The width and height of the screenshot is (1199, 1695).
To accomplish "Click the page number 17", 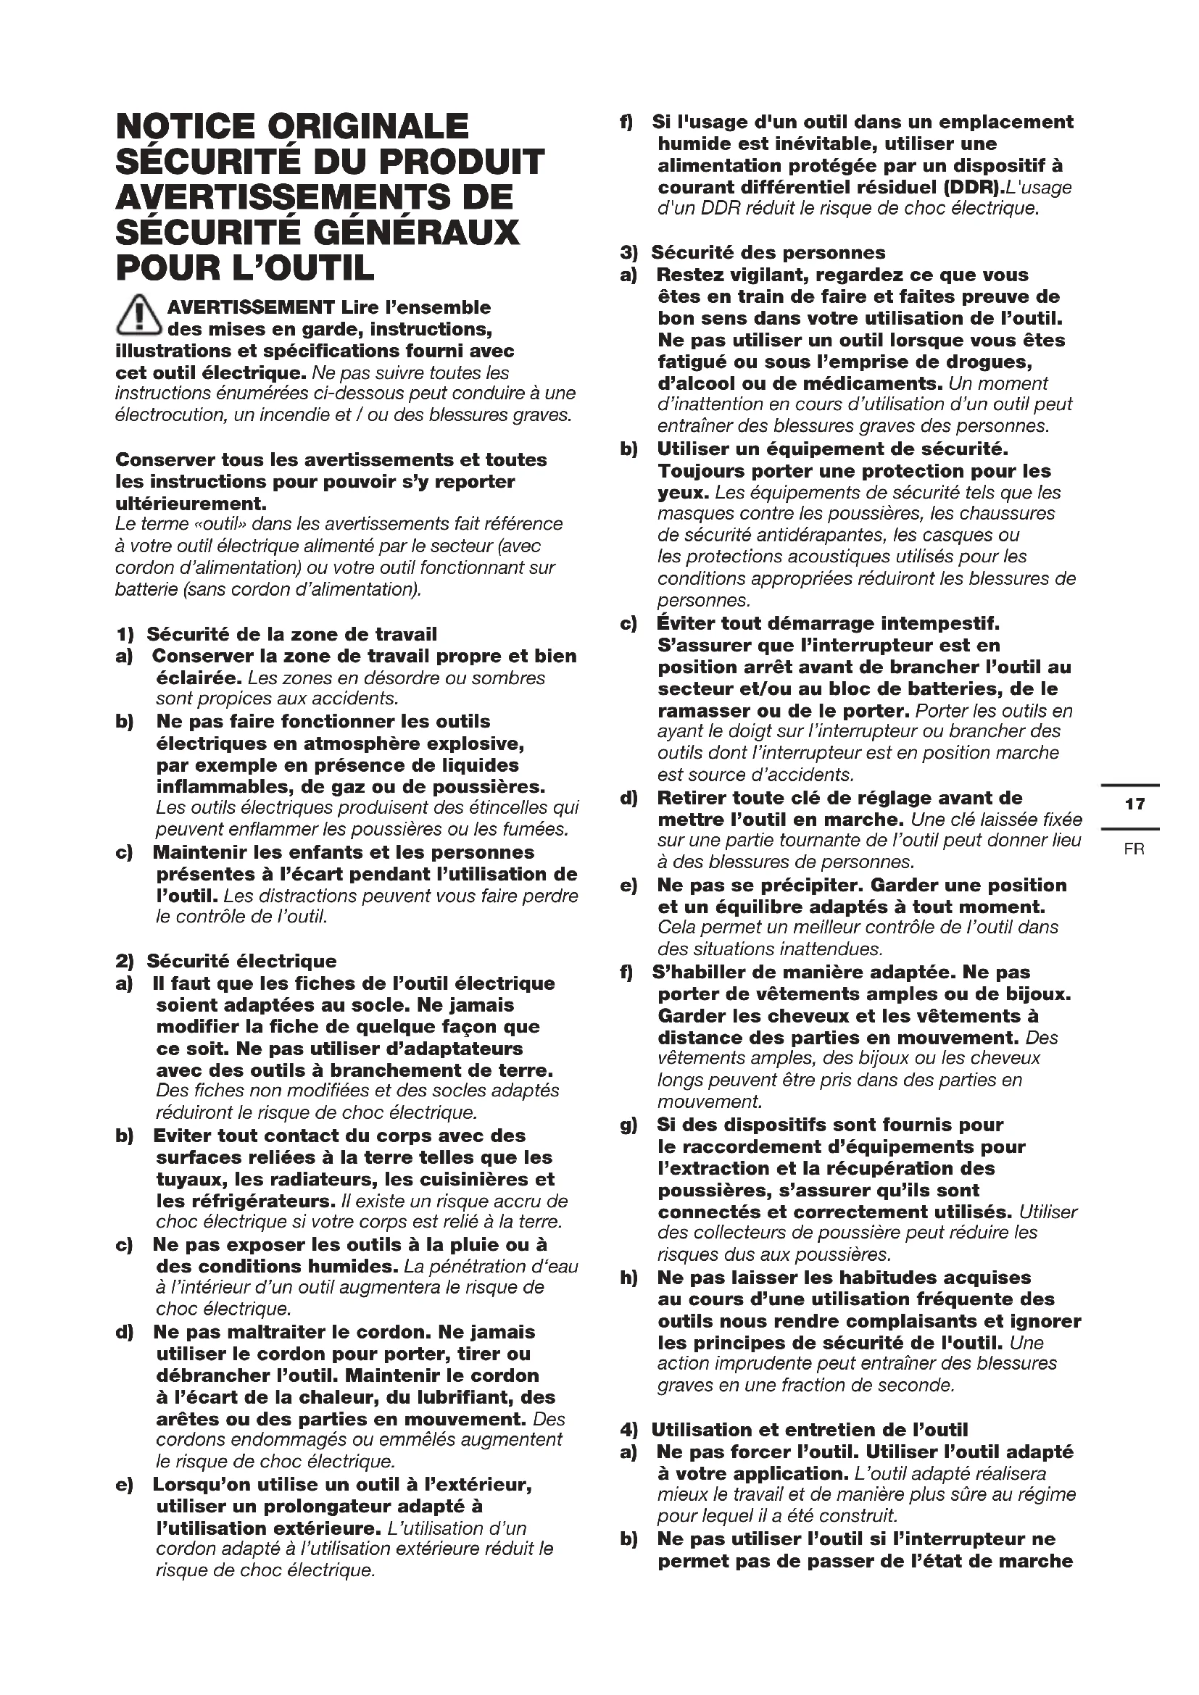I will point(1134,804).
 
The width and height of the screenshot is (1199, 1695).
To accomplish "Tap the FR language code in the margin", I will point(1134,850).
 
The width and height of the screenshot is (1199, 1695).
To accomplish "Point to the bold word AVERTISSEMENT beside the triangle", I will point(252,307).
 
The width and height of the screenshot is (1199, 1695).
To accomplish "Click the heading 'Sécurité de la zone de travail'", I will point(291,634).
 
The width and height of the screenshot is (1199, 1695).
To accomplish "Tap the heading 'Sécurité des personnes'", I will point(768,252).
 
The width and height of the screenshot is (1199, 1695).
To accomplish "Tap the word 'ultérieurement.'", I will point(191,504).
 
